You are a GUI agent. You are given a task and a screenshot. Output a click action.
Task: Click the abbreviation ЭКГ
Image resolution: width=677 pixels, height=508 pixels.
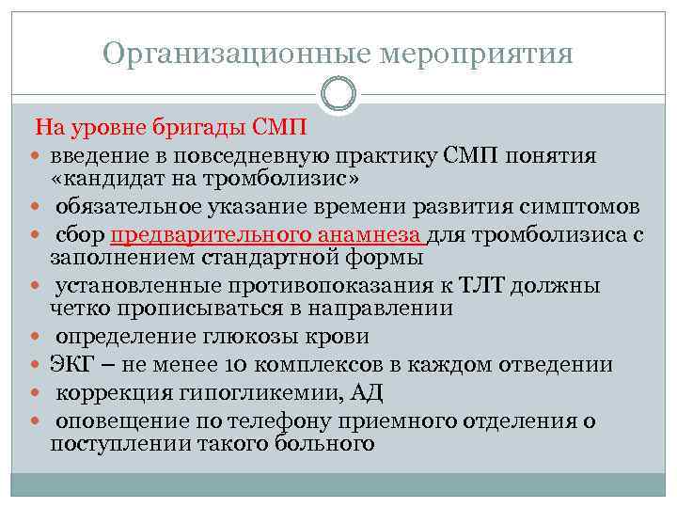73,364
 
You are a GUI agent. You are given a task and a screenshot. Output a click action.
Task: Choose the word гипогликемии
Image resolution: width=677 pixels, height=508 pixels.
241,390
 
